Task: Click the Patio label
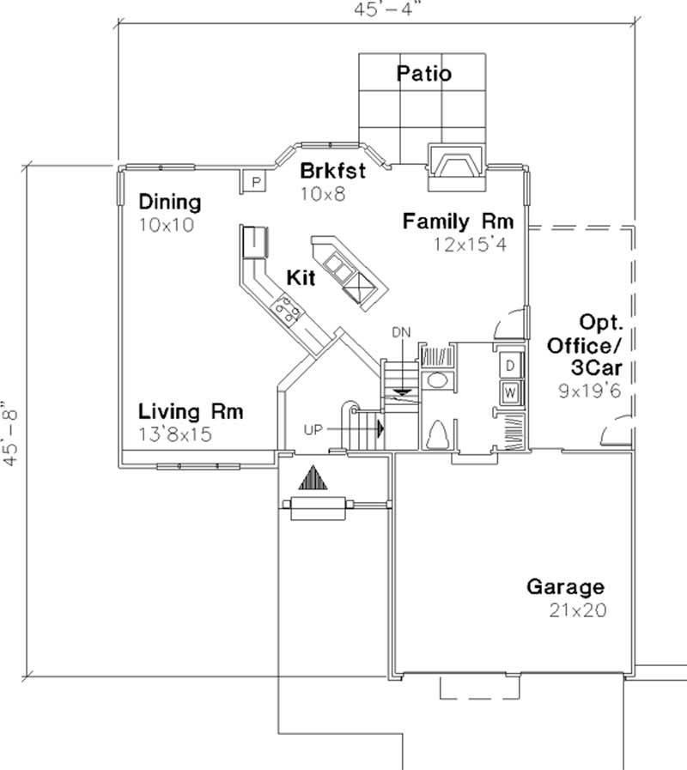click(x=423, y=74)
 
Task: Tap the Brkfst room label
click(x=332, y=171)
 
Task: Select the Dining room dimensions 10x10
click(x=167, y=225)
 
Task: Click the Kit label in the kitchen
click(x=301, y=279)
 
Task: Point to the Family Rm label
click(x=459, y=221)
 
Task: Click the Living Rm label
click(x=191, y=412)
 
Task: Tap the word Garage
click(x=564, y=588)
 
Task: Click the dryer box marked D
click(x=509, y=366)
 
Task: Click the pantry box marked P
click(x=254, y=181)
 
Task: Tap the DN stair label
click(x=401, y=331)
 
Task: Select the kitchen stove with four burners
click(x=286, y=308)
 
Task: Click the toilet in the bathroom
click(x=436, y=437)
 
